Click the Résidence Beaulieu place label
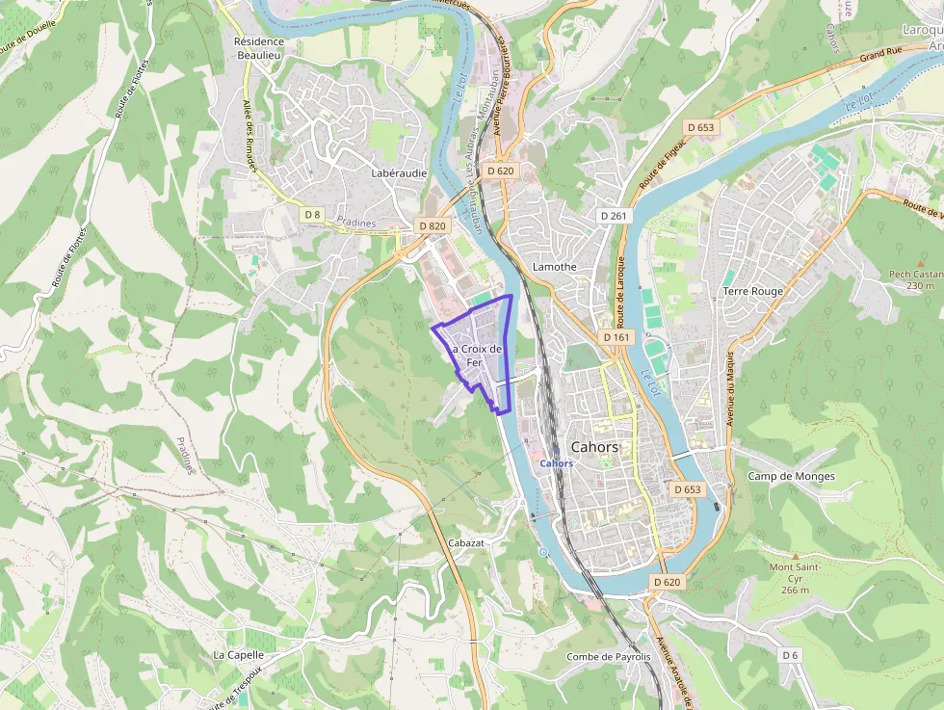point(259,48)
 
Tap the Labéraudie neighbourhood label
point(398,173)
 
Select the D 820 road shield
point(433,225)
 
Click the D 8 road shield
point(311,213)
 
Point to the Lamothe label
point(554,267)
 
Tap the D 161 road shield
point(616,337)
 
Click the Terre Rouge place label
point(752,291)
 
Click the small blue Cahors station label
point(557,463)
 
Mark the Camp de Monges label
point(791,477)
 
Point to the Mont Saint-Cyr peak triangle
point(795,556)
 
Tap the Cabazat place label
point(465,543)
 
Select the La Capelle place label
point(238,654)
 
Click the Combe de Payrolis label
point(608,657)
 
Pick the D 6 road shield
point(790,655)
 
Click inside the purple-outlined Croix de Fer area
point(482,337)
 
